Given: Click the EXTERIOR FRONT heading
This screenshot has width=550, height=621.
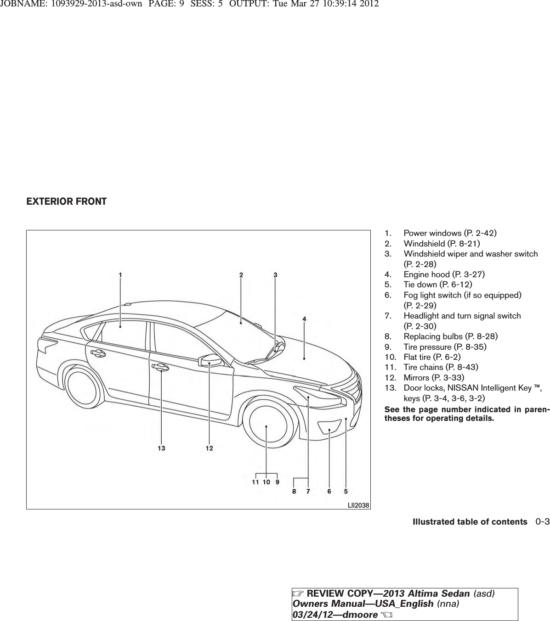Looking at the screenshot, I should [67, 201].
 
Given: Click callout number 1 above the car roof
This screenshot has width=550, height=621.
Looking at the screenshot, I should [120, 275].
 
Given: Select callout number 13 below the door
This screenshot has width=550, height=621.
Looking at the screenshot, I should [161, 448].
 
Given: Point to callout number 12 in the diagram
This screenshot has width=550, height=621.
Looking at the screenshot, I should [209, 448].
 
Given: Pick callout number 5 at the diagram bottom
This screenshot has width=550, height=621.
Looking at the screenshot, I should [346, 491].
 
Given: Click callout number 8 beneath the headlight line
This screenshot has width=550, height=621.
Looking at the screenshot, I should [294, 491].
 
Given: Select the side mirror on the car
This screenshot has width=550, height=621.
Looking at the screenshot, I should [210, 360].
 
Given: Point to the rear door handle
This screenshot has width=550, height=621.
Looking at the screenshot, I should [97, 352].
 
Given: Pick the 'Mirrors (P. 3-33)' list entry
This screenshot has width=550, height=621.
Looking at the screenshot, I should [434, 378].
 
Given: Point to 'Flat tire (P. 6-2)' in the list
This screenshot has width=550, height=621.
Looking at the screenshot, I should [432, 357].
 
